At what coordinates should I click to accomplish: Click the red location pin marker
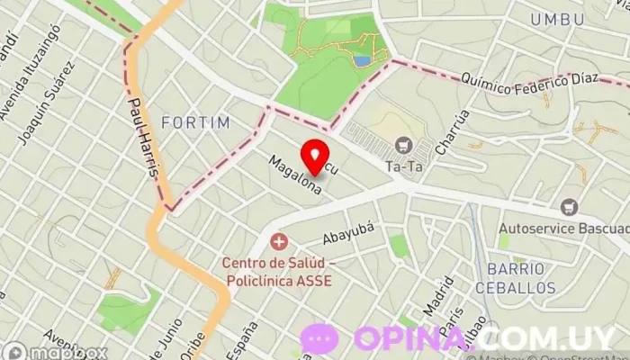(x=314, y=157)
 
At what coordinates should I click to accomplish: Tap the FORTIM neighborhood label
(x=195, y=121)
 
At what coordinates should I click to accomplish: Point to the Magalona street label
(x=294, y=174)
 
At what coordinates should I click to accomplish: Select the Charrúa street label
(x=451, y=132)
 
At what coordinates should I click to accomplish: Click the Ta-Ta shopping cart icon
(x=403, y=145)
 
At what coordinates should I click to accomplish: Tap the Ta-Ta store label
(x=403, y=166)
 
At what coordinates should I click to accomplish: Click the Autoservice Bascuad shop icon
(x=568, y=208)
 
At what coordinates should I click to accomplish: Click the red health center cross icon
(x=279, y=241)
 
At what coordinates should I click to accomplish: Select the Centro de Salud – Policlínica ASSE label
(x=279, y=272)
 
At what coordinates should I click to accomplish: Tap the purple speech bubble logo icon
(x=319, y=338)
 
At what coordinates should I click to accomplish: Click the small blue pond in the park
(x=362, y=61)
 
